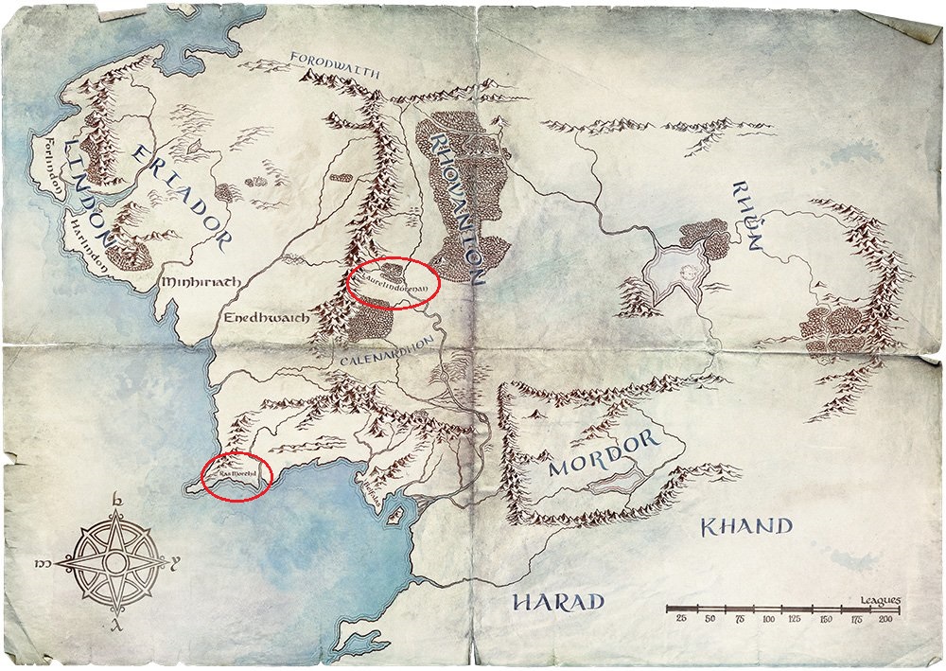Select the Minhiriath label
pyautogui.click(x=200, y=282)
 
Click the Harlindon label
pyautogui.click(x=93, y=249)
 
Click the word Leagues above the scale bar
pyautogui.click(x=880, y=599)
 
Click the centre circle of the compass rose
pyautogui.click(x=116, y=561)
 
